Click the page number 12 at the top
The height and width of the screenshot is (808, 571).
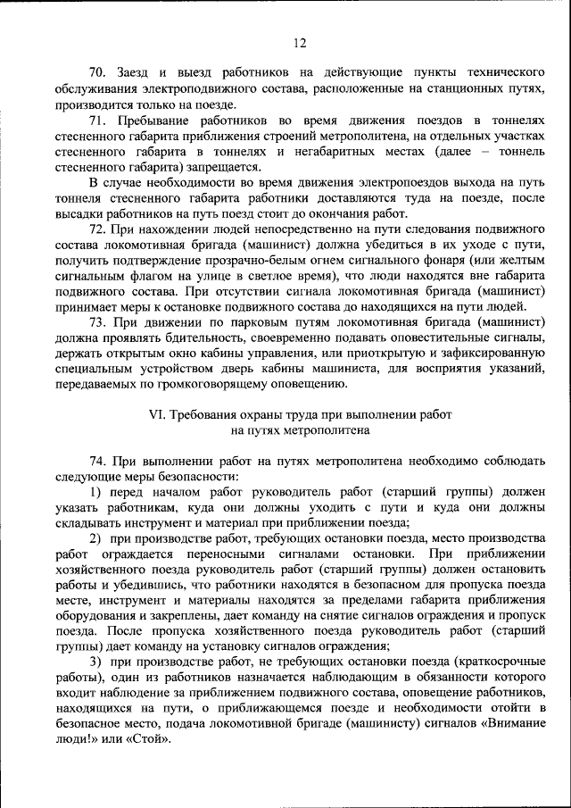[x=299, y=42]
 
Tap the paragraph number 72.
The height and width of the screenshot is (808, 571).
[x=98, y=229]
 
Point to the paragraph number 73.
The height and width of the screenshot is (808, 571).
[x=98, y=322]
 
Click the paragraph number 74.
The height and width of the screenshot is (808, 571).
[x=98, y=462]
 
